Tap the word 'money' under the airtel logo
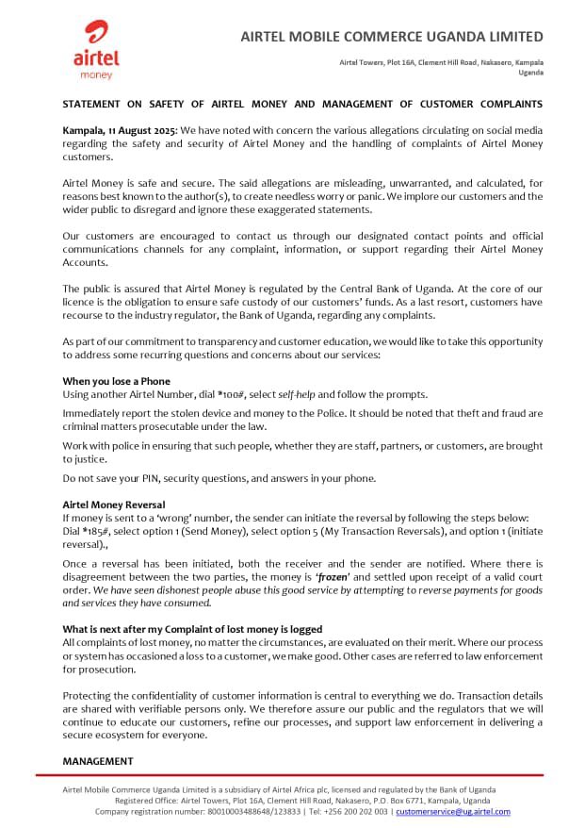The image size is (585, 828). pos(96,74)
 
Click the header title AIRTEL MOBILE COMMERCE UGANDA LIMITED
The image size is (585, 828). pos(392,37)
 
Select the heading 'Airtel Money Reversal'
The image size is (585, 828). pos(113,505)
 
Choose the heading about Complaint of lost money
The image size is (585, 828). pos(192,628)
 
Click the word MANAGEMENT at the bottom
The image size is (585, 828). pos(98,760)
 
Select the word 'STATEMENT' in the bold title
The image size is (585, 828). pos(95,103)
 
